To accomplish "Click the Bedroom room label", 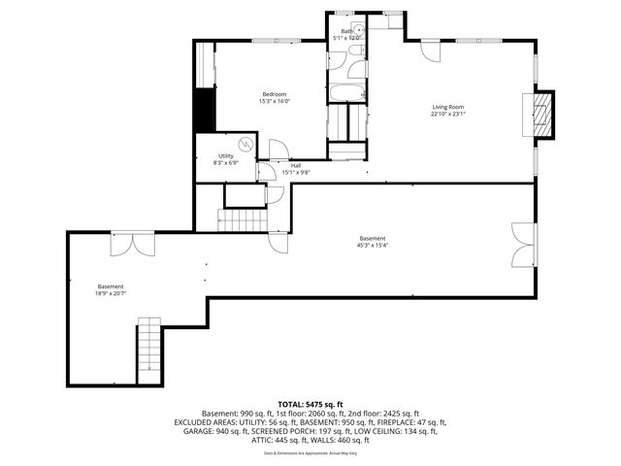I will pyautogui.click(x=273, y=93).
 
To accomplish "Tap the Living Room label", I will pyautogui.click(x=448, y=107).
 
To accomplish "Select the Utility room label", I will pyautogui.click(x=225, y=155).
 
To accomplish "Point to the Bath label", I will pyautogui.click(x=346, y=31).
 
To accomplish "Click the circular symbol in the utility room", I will pyautogui.click(x=245, y=145).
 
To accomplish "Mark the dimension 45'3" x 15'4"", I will pyautogui.click(x=373, y=246).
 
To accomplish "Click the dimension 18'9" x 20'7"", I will pyautogui.click(x=111, y=293).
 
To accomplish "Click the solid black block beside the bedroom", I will pyautogui.click(x=204, y=110).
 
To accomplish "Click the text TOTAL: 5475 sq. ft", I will pyautogui.click(x=310, y=403).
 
